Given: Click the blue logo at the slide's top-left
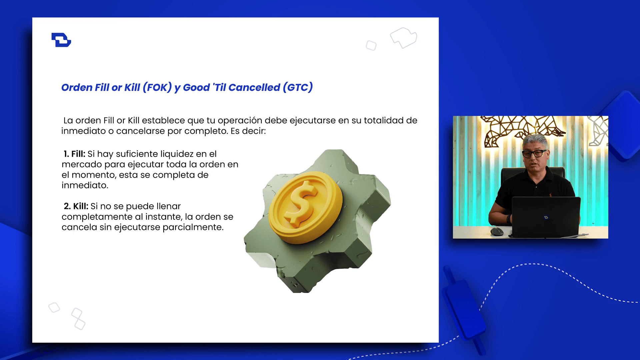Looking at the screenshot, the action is tap(61, 40).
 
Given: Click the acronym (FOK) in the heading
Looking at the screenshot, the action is tap(157, 87).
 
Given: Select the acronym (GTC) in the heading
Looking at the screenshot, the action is tap(298, 87).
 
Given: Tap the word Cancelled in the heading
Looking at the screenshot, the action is tap(254, 87).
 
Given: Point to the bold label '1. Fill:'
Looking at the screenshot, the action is tap(74, 154).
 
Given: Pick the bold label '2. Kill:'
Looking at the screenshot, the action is tap(76, 206).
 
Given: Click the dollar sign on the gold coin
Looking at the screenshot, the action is tap(302, 203).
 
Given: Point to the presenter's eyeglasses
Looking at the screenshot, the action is tap(535, 153).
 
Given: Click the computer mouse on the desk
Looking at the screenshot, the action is tap(497, 231).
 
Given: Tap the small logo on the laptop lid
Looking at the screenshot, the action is tap(546, 217).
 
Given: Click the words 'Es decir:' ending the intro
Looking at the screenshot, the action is tap(248, 131).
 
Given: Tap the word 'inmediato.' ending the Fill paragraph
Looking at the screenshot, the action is tap(85, 185).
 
